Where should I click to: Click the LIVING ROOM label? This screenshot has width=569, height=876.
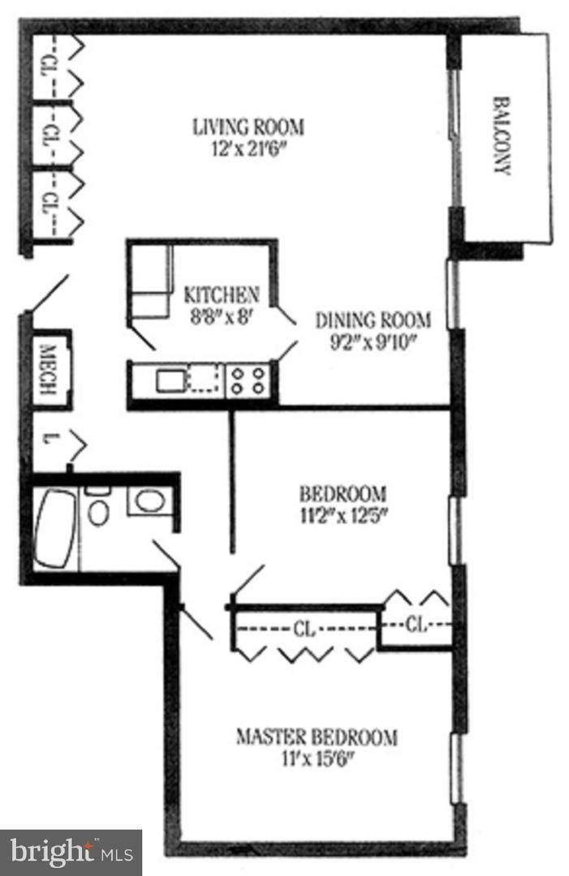(x=248, y=127)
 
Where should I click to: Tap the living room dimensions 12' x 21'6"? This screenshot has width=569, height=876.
(x=252, y=149)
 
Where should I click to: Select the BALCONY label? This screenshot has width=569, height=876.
(x=502, y=136)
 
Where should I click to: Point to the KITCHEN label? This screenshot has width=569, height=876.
(x=222, y=294)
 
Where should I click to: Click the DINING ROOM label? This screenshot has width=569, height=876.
(x=373, y=320)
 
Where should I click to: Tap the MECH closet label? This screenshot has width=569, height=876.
(x=50, y=370)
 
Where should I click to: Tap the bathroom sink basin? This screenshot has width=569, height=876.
(x=150, y=501)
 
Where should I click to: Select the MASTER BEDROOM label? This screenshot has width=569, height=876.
(x=317, y=736)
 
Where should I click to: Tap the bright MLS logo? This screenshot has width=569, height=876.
(x=71, y=853)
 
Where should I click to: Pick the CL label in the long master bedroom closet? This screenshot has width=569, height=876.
(x=304, y=629)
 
